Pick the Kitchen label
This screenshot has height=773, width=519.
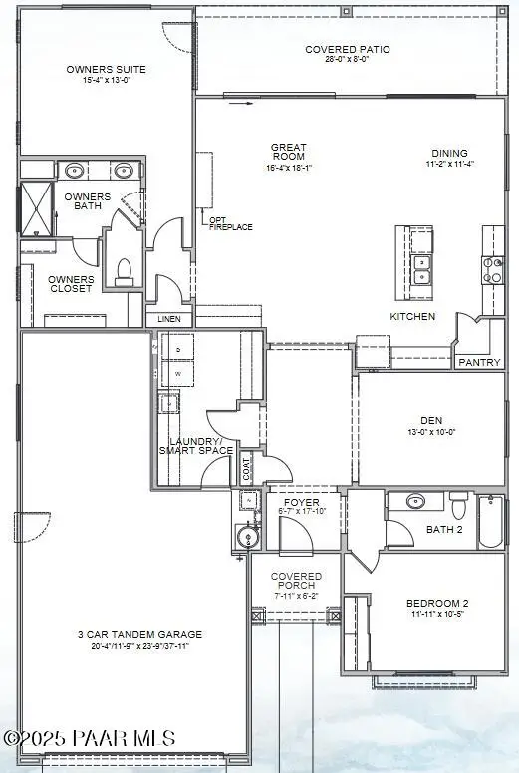coord(412,316)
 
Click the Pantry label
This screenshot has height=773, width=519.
coord(479,362)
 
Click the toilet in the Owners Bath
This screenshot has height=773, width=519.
coord(125,268)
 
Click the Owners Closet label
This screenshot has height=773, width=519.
coord(72,284)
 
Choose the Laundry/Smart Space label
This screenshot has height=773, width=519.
coord(195,445)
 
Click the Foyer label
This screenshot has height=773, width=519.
coord(300,506)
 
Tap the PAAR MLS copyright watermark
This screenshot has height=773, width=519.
coord(89,738)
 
